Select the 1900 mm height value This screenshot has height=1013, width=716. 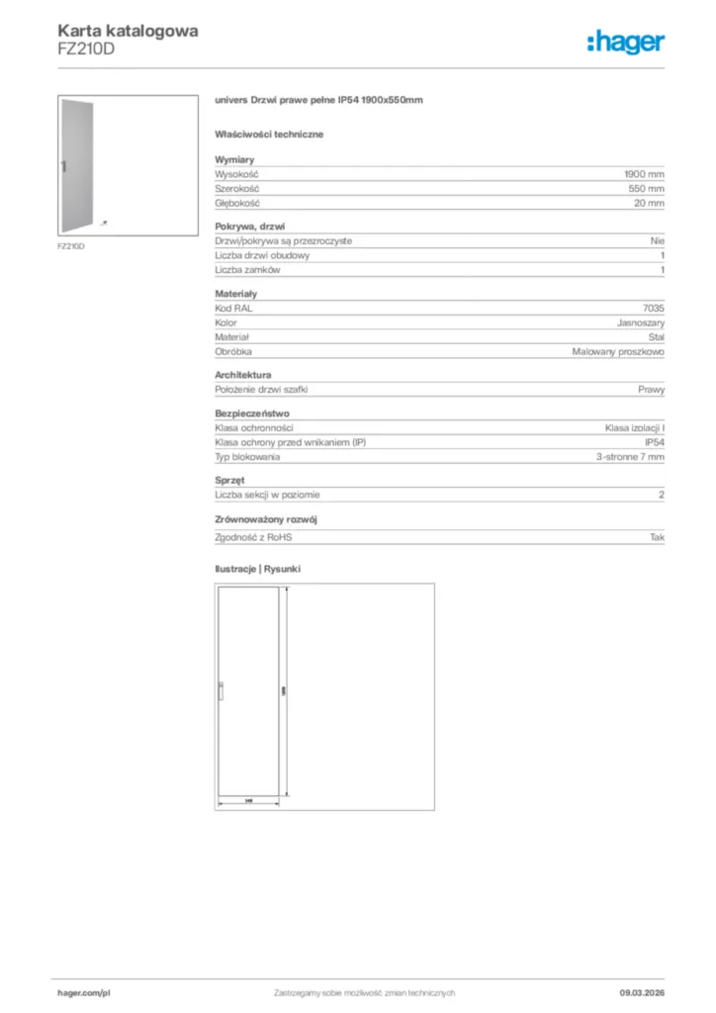(x=644, y=173)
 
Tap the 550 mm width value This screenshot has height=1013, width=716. (x=646, y=188)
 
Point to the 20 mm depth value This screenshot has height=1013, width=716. (x=649, y=203)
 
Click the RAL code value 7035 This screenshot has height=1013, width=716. (x=654, y=308)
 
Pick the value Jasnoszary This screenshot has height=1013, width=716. (x=640, y=322)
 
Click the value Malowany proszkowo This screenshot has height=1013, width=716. (x=618, y=352)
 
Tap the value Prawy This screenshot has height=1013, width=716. (x=651, y=390)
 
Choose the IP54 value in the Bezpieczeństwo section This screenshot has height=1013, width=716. (x=654, y=442)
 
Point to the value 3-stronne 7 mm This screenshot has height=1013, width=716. (x=630, y=457)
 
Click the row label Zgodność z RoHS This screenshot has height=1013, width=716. (x=254, y=536)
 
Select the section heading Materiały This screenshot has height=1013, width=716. (x=235, y=294)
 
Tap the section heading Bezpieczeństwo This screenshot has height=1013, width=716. (x=252, y=414)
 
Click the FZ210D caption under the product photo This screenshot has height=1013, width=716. (x=70, y=245)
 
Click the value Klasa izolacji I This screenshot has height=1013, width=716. (x=635, y=427)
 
